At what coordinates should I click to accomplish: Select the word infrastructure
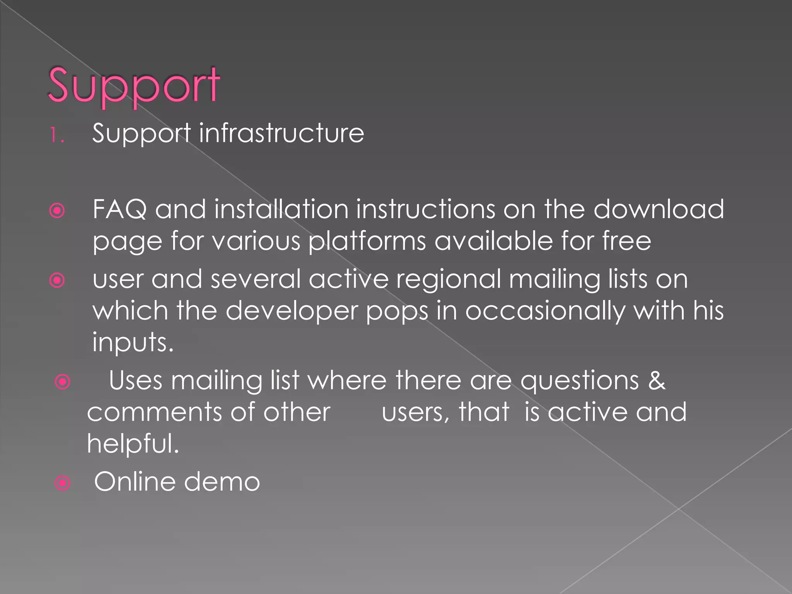tap(281, 133)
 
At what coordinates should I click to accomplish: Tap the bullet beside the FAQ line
tap(57, 211)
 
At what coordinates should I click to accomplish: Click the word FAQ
tap(119, 210)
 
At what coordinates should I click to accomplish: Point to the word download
tap(658, 209)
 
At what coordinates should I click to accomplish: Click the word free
tap(626, 241)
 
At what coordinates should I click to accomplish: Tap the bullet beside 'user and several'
tap(57, 280)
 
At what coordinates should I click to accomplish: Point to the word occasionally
tap(544, 311)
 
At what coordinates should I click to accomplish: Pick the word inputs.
tap(132, 343)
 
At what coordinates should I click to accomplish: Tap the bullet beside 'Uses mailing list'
tap(63, 382)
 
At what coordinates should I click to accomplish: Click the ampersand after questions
tap(657, 381)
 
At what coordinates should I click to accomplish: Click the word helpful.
tap(133, 444)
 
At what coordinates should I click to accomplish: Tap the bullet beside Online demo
tap(63, 483)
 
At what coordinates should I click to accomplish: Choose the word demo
tap(222, 482)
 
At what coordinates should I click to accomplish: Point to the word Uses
tap(135, 381)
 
